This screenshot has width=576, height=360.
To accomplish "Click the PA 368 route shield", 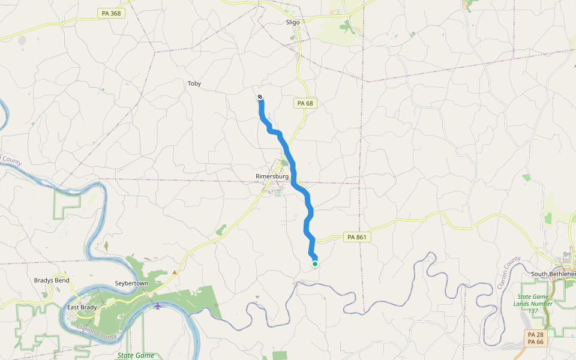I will coord(111,13).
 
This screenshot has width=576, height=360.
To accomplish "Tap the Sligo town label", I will coord(292,22).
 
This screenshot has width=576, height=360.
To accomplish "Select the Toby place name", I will coord(194,84).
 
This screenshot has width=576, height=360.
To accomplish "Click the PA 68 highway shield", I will coord(305,104).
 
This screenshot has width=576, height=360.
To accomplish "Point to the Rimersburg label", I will coord(272,176).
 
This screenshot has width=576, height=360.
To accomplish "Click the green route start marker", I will coord(314,263).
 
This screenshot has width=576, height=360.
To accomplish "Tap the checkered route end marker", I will coord(260,97).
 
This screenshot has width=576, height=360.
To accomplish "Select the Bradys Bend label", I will coord(52,280).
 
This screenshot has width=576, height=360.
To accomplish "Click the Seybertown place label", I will coord(131,283).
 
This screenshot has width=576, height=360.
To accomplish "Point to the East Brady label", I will coord(82,308).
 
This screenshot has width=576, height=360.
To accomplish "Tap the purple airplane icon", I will coord(158,307).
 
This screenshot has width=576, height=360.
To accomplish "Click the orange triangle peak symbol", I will coord(175,272).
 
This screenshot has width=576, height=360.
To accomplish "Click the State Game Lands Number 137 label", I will coord(533,304).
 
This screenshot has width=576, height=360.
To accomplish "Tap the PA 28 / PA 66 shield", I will coord(535,338).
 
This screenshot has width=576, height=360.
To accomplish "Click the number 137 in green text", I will coord(533,311).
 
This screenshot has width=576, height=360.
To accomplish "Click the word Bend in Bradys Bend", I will coord(62,280).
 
